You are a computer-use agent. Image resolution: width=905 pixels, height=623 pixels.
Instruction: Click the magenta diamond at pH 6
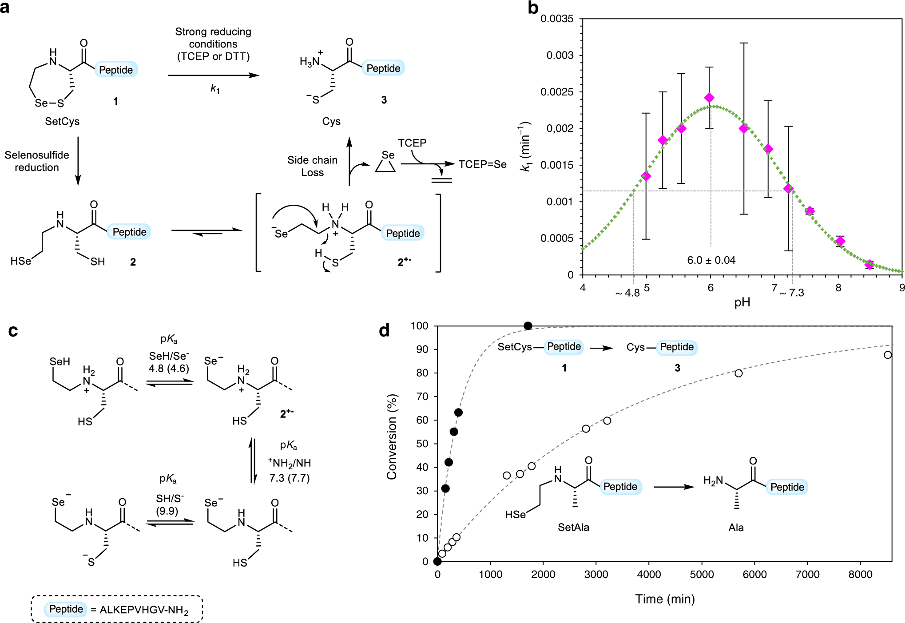point(709,98)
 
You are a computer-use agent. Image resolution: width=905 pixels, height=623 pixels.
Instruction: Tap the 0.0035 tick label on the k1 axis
point(557,19)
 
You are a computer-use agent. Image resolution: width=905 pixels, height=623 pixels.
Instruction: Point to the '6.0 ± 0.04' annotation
point(711,260)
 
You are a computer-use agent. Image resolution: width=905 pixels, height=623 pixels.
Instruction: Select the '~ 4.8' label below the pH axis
point(627,293)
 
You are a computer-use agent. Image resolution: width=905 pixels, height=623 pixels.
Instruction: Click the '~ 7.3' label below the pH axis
point(792,293)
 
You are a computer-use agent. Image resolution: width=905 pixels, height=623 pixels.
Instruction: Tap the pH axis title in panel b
point(742,302)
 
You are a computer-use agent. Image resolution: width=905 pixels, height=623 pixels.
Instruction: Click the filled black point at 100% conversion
point(528,326)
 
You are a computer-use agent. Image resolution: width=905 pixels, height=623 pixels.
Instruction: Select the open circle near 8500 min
point(887,355)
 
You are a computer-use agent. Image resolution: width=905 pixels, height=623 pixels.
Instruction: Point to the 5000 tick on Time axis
point(702,574)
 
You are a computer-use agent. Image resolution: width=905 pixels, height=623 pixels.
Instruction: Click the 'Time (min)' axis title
point(665,599)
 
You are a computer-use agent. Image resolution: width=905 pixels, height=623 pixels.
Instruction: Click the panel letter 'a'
point(5,8)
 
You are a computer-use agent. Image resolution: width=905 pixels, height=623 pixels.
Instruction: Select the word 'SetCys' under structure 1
point(62,121)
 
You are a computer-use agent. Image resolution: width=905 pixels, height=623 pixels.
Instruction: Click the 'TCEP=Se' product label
point(482,164)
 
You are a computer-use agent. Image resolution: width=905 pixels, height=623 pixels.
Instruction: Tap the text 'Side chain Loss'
point(312,166)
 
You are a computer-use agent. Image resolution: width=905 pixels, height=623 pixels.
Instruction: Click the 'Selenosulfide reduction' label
point(37,161)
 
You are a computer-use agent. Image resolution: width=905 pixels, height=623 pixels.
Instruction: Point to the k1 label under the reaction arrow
point(215,88)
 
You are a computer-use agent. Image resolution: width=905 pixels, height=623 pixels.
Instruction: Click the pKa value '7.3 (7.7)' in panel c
point(290,478)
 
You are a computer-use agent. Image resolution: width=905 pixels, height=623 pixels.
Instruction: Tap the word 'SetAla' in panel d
point(573,527)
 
